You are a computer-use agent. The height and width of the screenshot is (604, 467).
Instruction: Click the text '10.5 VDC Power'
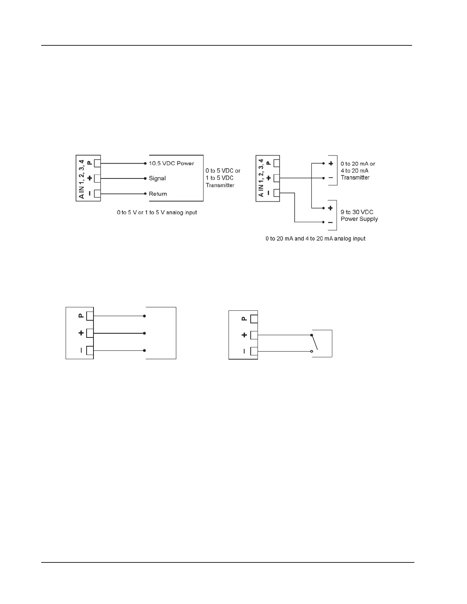point(171,163)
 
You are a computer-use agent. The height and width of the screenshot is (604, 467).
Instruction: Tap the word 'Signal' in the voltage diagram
point(157,178)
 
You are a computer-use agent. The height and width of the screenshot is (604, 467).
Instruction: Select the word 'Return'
point(158,194)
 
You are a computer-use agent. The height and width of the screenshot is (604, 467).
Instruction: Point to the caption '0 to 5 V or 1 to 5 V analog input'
point(157,212)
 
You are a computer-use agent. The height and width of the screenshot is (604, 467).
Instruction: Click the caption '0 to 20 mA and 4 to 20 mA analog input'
point(316,239)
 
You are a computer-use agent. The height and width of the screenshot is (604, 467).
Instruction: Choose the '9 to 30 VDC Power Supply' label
point(359,215)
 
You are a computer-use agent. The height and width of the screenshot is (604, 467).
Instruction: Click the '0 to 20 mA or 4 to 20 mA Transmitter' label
point(358,170)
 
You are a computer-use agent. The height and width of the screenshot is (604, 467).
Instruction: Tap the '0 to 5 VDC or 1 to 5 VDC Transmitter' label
point(223,178)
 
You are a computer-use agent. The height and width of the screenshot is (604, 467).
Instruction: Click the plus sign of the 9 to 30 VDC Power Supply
point(330,208)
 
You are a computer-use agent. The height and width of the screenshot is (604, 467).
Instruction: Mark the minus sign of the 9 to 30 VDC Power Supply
point(330,222)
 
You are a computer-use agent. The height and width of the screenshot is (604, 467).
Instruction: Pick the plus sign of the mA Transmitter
point(330,164)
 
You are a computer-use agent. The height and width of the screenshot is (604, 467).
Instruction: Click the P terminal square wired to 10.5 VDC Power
point(97,163)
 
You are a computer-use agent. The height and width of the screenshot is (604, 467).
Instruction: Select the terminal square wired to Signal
point(97,178)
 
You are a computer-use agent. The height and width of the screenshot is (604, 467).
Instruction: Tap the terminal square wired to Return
point(97,194)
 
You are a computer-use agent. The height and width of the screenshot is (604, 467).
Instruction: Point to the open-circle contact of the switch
point(312,351)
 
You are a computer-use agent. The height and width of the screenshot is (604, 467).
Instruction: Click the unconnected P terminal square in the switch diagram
point(254,319)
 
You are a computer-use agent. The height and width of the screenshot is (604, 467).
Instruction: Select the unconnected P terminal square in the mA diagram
point(277,163)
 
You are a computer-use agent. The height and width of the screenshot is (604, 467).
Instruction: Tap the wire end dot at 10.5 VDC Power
point(145,163)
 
